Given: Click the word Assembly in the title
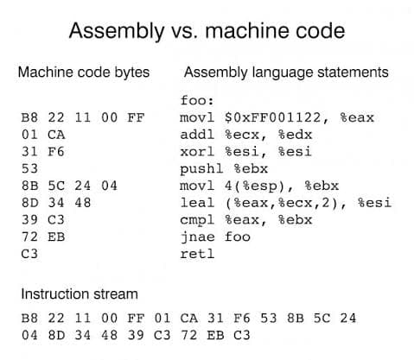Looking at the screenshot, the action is tap(117, 31).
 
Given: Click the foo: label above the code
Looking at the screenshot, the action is tap(197, 100).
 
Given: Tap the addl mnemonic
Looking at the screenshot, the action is tap(197, 135).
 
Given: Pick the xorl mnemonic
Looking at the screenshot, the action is tap(197, 151).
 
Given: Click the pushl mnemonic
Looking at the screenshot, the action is tap(201, 169).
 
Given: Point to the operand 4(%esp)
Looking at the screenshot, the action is tap(258, 186).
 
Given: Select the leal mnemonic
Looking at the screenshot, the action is tap(197, 203).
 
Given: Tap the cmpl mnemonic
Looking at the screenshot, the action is tap(197, 220).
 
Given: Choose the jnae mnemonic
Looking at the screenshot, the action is tap(197, 237).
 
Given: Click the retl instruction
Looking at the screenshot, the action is tap(197, 254).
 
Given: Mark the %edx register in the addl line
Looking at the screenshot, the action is tap(295, 135).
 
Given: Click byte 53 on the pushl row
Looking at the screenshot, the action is tap(29, 168).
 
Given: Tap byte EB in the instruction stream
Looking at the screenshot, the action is tap(215, 335).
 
